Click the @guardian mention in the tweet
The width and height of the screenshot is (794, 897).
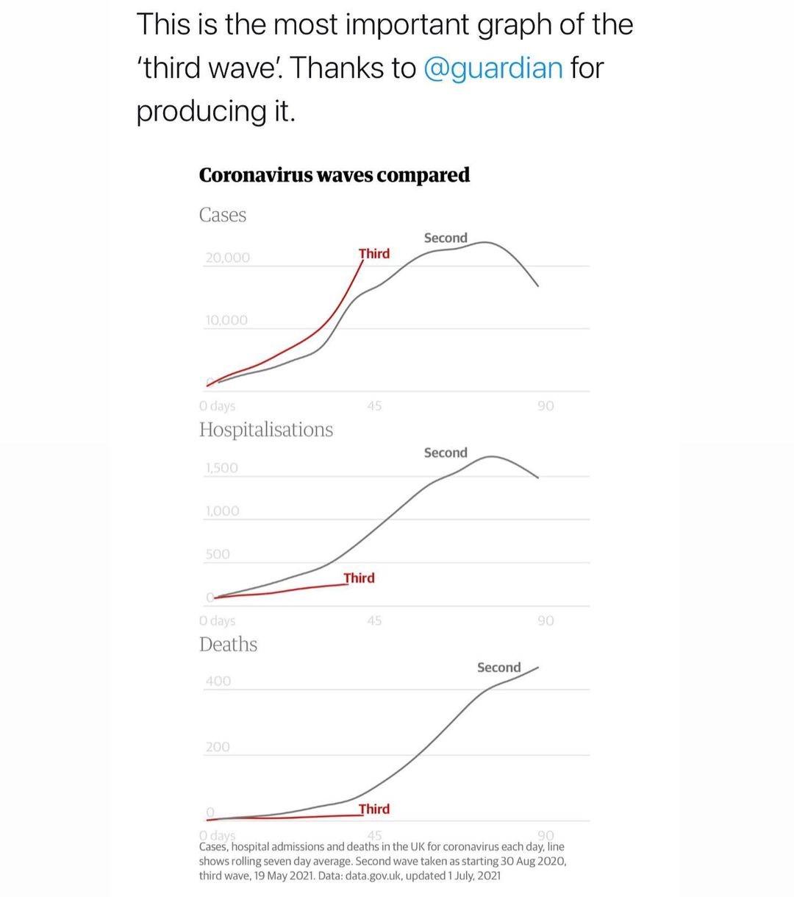[493, 68]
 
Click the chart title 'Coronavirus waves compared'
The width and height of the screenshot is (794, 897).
[335, 175]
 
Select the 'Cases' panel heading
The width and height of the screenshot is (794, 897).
[223, 215]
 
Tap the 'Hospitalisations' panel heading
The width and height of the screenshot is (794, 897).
[265, 430]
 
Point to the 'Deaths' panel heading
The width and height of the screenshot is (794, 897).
[228, 645]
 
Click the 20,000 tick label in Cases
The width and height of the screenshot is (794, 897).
[228, 258]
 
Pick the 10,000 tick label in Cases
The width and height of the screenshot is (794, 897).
[227, 320]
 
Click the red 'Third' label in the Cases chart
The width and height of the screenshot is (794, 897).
[374, 254]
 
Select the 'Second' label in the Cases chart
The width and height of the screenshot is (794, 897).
[446, 238]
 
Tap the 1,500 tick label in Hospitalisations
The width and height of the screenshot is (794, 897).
[222, 468]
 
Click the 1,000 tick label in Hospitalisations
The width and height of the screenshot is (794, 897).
[223, 511]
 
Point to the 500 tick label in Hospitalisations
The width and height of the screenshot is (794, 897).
[218, 554]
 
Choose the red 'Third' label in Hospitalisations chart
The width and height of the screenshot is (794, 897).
[360, 578]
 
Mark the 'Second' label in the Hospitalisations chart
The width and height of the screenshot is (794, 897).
[446, 453]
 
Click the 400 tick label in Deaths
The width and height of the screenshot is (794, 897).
[218, 681]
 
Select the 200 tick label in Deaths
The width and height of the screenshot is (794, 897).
[218, 747]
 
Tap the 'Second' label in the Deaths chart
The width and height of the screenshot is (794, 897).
[498, 667]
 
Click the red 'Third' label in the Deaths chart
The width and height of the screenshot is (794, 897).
[374, 809]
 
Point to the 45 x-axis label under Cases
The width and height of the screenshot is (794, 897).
[374, 405]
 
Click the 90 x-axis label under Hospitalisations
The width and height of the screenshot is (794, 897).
[546, 621]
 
